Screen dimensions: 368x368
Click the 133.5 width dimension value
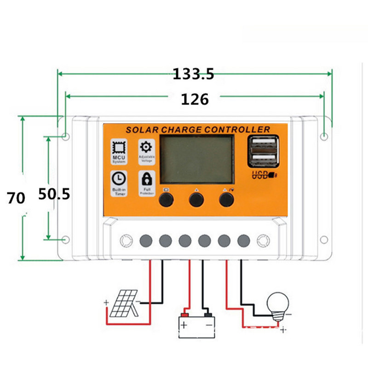(194, 74)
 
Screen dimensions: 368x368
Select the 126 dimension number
(195, 98)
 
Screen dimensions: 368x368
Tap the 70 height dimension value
(15, 198)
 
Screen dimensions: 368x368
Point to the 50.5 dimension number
(54, 194)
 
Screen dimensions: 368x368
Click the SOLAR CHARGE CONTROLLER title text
(198, 130)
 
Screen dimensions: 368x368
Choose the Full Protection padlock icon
(147, 178)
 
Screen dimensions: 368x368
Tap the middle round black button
(196, 199)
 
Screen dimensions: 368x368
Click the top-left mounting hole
(66, 137)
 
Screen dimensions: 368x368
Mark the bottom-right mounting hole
(325, 240)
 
